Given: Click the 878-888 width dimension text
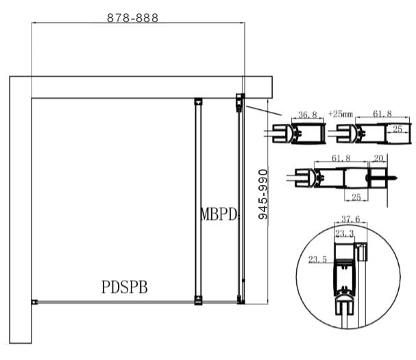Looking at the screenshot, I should point(132,19).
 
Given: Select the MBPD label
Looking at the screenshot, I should point(219,214).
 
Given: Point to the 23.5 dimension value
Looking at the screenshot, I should point(318,260).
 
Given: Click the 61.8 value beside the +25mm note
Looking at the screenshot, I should point(378,113).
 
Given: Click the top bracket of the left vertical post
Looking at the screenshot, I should point(197,101).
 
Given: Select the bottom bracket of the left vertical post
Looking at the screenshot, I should point(197,298).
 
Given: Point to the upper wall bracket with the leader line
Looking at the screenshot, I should point(240,101).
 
